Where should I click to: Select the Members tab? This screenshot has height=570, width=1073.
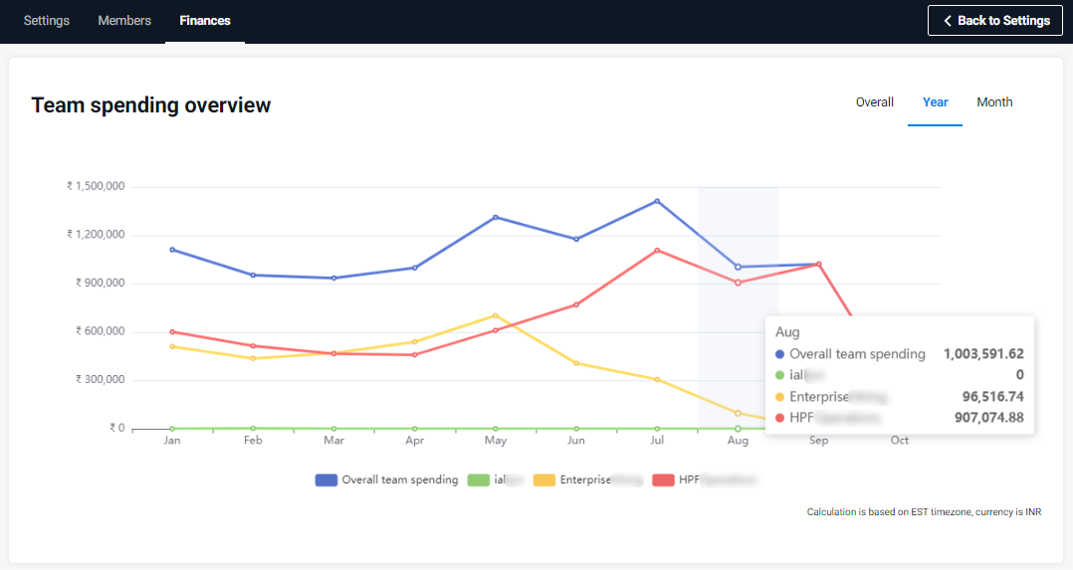[x=124, y=21]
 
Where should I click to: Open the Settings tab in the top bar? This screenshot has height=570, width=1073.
[x=47, y=21]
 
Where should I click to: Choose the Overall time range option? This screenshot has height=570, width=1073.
[x=875, y=102]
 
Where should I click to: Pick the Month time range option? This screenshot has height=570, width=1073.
[x=994, y=102]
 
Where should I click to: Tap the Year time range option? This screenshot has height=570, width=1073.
[x=936, y=102]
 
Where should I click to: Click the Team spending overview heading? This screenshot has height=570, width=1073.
[x=151, y=105]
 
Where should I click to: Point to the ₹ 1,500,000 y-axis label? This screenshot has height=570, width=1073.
[x=96, y=186]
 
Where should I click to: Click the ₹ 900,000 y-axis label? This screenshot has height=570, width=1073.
[x=100, y=283]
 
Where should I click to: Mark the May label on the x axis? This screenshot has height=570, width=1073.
[x=496, y=440]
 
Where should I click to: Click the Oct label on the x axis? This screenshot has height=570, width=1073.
[x=900, y=440]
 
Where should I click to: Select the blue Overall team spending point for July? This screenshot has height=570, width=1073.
[x=657, y=201]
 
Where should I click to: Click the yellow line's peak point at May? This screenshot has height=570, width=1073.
[x=496, y=315]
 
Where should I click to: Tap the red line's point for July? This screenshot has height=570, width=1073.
[x=657, y=250]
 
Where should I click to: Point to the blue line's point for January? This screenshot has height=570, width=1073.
[x=172, y=250]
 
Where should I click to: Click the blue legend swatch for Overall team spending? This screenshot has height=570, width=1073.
[x=326, y=479]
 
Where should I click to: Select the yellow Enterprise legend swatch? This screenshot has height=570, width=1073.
[x=544, y=479]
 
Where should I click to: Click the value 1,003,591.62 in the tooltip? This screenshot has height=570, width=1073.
[x=983, y=354]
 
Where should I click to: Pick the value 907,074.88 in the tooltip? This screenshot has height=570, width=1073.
[x=983, y=418]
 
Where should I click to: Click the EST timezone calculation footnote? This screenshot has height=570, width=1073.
[x=924, y=512]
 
